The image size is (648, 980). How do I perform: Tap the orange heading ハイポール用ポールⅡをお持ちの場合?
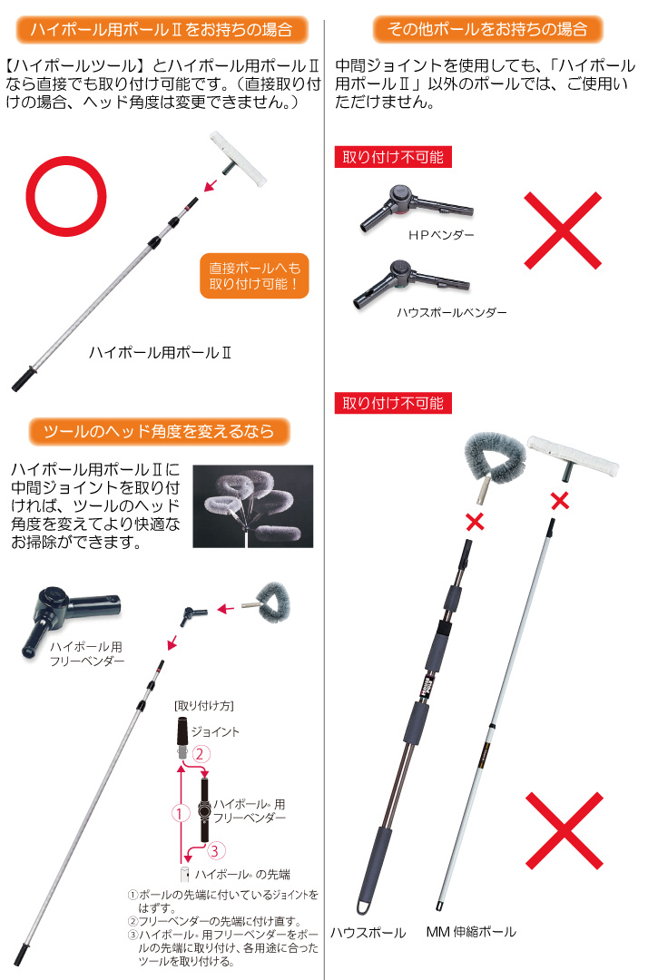(162, 29)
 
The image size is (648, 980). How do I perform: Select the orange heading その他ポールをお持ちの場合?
(487, 29)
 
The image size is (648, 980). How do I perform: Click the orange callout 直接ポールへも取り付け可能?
(254, 276)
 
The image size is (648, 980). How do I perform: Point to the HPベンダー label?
(441, 235)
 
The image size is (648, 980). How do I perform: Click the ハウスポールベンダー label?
(452, 312)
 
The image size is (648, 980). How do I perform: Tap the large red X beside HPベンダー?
(563, 230)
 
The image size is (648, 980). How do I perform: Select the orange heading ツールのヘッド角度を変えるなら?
(160, 431)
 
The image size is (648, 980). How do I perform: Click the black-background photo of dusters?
(252, 506)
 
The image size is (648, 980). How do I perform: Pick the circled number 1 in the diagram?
(180, 813)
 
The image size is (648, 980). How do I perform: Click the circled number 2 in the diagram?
(200, 754)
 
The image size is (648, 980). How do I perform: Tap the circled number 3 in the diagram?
(215, 850)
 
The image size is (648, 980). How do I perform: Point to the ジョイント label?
(215, 732)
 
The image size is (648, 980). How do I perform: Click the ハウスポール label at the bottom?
(368, 933)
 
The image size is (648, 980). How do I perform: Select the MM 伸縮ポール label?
(471, 932)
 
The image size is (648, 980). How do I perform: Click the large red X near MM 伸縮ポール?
(565, 830)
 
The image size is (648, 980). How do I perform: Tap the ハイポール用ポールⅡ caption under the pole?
(160, 352)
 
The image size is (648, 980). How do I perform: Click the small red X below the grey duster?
(475, 521)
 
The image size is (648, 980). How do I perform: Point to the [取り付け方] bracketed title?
(204, 706)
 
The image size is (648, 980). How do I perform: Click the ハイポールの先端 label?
(241, 875)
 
